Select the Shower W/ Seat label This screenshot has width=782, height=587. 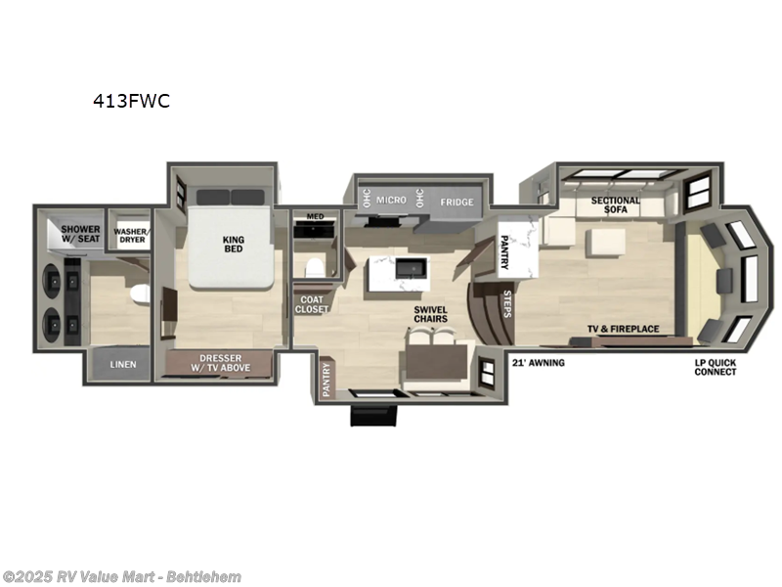click(68, 235)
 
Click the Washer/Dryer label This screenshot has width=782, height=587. click(130, 236)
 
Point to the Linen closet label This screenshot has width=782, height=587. click(123, 365)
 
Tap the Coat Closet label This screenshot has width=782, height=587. click(312, 303)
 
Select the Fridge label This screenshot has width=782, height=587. click(456, 203)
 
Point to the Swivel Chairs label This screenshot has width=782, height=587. click(430, 315)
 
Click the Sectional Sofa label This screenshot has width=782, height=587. click(615, 206)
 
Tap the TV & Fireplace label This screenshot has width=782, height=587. click(623, 329)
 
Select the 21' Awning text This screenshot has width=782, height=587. click(538, 363)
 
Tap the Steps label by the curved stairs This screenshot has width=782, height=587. click(507, 303)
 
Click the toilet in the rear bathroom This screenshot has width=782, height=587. click(140, 293)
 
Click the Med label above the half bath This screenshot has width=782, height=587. click(314, 217)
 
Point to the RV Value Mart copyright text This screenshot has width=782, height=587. click(122, 576)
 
